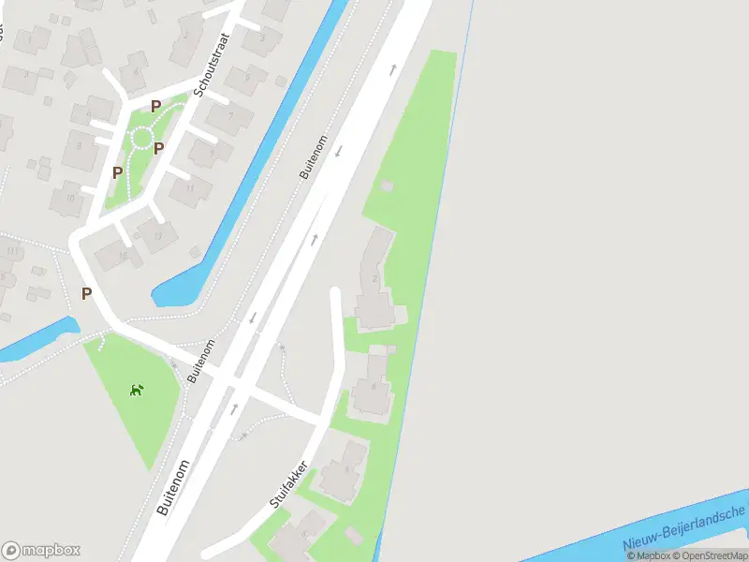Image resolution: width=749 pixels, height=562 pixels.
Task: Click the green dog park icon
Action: point(137,390)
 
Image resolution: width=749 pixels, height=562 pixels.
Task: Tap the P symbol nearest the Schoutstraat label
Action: point(155,107)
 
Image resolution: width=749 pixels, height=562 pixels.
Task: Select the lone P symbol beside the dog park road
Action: point(86,293)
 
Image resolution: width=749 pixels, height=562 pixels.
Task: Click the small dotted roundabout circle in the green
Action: point(141,139)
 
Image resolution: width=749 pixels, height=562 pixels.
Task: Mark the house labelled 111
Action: point(11,252)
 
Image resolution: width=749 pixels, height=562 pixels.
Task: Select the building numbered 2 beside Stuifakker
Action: point(374,278)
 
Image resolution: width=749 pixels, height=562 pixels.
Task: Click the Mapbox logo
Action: point(41,550)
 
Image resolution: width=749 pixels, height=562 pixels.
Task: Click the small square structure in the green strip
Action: point(387,186)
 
